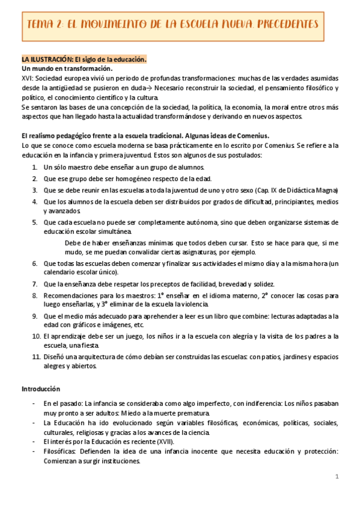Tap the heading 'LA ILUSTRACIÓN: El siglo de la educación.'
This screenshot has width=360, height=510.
[84, 60]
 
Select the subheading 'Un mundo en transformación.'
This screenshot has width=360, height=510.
[67, 69]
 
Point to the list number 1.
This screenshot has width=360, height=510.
[35, 167]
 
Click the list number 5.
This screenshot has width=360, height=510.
[35, 222]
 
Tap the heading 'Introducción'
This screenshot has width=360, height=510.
[41, 389]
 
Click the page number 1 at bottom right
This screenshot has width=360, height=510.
[337, 476]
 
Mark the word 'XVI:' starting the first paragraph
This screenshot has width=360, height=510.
[28, 79]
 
